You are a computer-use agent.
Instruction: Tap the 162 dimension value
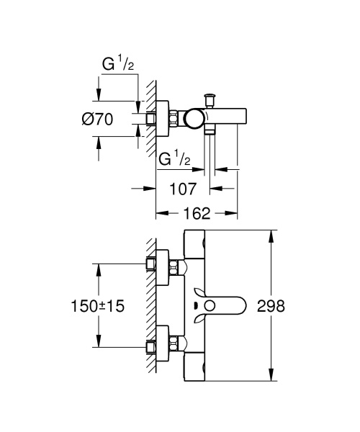[x=197, y=214]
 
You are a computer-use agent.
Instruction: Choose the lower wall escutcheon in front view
[x=162, y=343]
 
